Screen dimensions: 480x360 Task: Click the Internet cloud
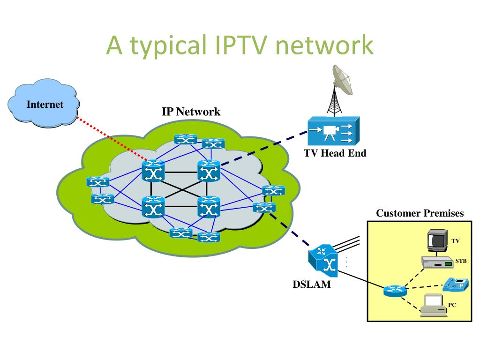(x=44, y=103)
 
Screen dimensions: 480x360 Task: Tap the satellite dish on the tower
(x=343, y=80)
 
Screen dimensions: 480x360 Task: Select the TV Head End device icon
(x=333, y=131)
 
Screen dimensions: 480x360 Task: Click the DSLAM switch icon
(x=323, y=261)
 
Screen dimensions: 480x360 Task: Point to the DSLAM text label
(x=312, y=285)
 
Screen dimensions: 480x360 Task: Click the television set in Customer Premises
(x=437, y=240)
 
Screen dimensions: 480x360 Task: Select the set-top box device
(x=437, y=262)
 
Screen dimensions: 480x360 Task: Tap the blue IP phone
(x=456, y=285)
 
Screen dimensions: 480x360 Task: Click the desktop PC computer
(x=433, y=306)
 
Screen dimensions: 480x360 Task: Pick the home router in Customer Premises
(x=395, y=291)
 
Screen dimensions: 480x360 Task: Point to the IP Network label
(x=191, y=112)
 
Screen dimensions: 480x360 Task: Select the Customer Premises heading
(x=420, y=213)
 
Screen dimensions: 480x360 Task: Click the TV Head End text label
(x=335, y=153)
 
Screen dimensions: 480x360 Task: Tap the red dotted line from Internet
(x=112, y=139)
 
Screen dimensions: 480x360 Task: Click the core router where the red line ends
(x=153, y=171)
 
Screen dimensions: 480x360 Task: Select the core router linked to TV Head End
(x=209, y=171)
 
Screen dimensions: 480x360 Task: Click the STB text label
(x=461, y=261)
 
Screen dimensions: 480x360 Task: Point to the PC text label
(x=452, y=305)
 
